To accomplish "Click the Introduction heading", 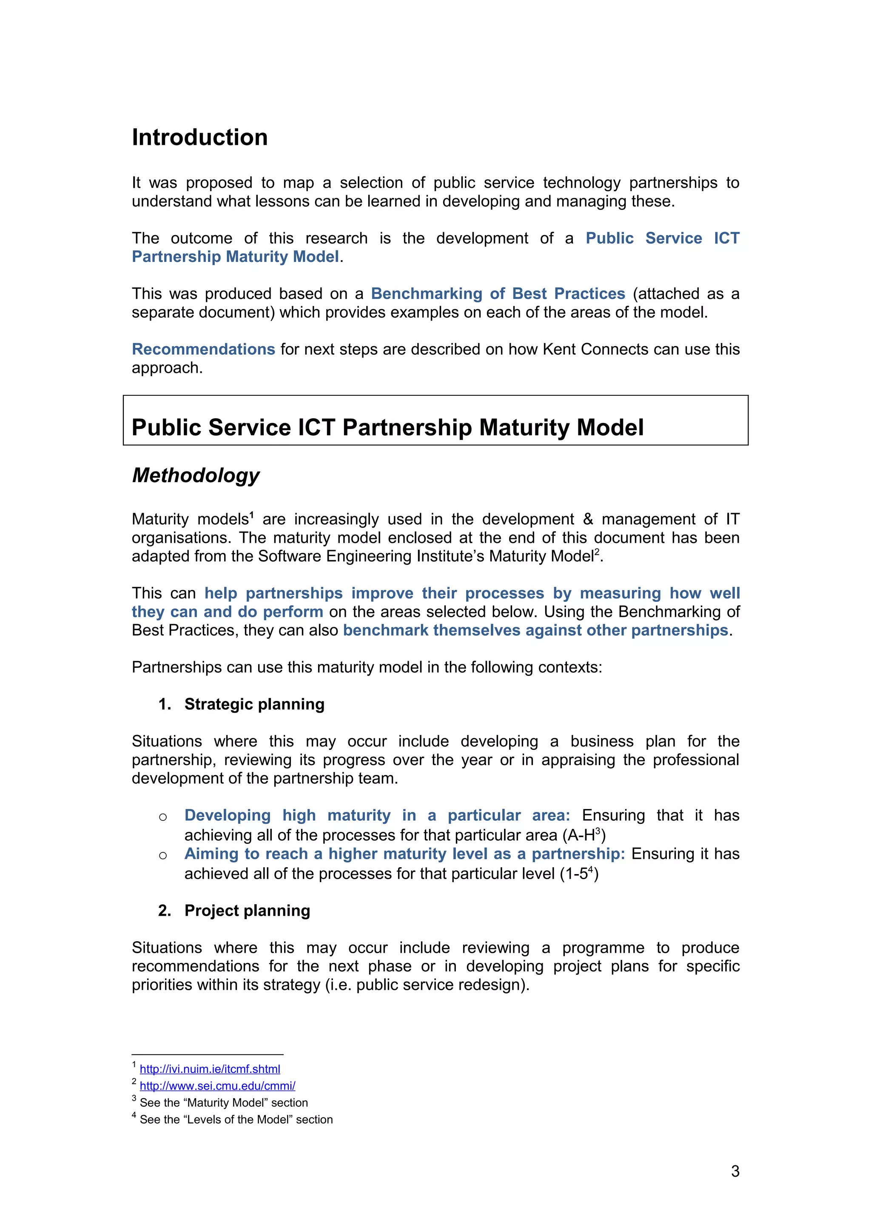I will (199, 137).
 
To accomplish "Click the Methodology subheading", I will (196, 475).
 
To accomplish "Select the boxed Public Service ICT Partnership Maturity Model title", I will (387, 428).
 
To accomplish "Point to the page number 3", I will (734, 1171).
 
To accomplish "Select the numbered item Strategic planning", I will (254, 704).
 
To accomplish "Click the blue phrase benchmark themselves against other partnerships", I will (535, 630).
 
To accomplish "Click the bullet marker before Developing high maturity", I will (163, 817).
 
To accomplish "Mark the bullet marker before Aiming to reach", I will (163, 856).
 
